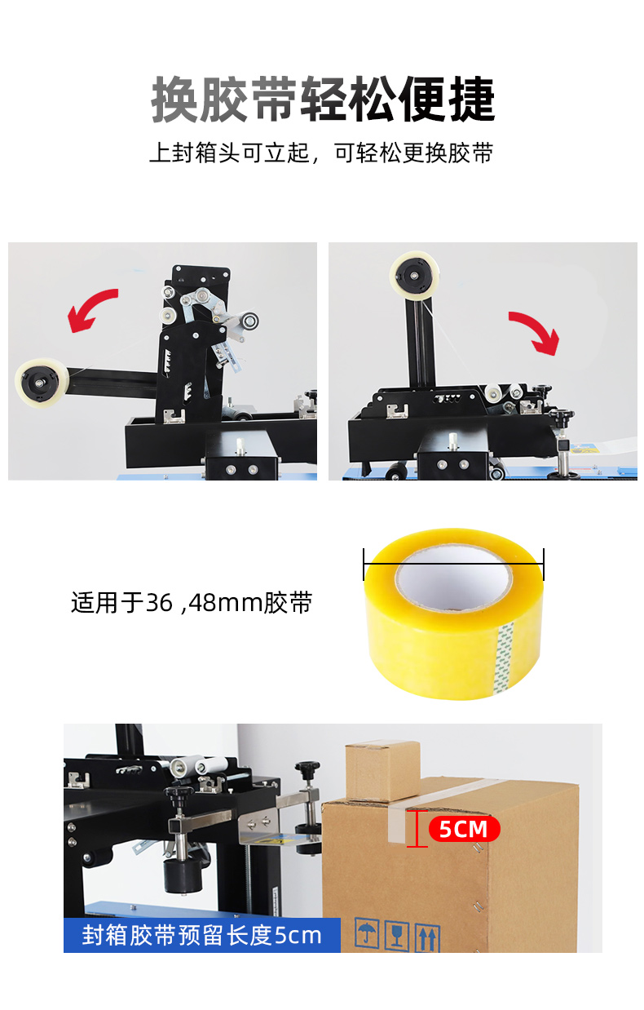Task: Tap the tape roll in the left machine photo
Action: pyautogui.click(x=42, y=383)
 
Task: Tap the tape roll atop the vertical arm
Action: pyautogui.click(x=414, y=276)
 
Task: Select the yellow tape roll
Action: pyautogui.click(x=454, y=614)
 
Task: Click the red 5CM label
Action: pyautogui.click(x=464, y=829)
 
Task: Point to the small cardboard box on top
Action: pyautogui.click(x=382, y=771)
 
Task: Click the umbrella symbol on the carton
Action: pyautogui.click(x=366, y=934)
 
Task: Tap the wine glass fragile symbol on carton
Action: pyautogui.click(x=396, y=936)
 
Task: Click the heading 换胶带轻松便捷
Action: pyautogui.click(x=323, y=100)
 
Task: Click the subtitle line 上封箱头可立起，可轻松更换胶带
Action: pyautogui.click(x=321, y=153)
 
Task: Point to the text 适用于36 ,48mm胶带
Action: pyautogui.click(x=192, y=602)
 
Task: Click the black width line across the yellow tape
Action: pyautogui.click(x=453, y=564)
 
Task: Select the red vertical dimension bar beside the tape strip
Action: pyautogui.click(x=417, y=828)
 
